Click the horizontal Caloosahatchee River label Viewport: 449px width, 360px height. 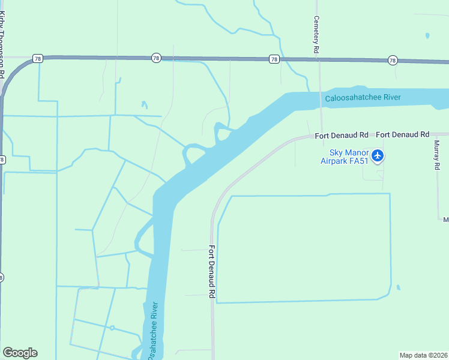(363, 98)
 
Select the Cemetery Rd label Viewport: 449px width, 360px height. (316, 35)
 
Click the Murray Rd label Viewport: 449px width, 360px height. (437, 155)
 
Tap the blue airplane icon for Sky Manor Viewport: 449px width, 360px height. (378, 156)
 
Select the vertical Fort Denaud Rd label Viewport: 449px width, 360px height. (212, 272)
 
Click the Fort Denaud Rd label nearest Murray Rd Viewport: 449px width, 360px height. (403, 135)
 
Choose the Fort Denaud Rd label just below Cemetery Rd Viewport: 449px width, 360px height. (342, 136)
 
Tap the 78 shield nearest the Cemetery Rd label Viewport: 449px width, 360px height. (274, 59)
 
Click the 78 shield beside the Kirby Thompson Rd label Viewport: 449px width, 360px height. (38, 59)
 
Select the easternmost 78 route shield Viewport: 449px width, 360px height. (393, 60)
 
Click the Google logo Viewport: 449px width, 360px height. (20, 353)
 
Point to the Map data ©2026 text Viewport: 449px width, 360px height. (424, 355)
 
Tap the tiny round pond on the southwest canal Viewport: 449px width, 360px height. (112, 328)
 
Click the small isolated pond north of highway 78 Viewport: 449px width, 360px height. (427, 36)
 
